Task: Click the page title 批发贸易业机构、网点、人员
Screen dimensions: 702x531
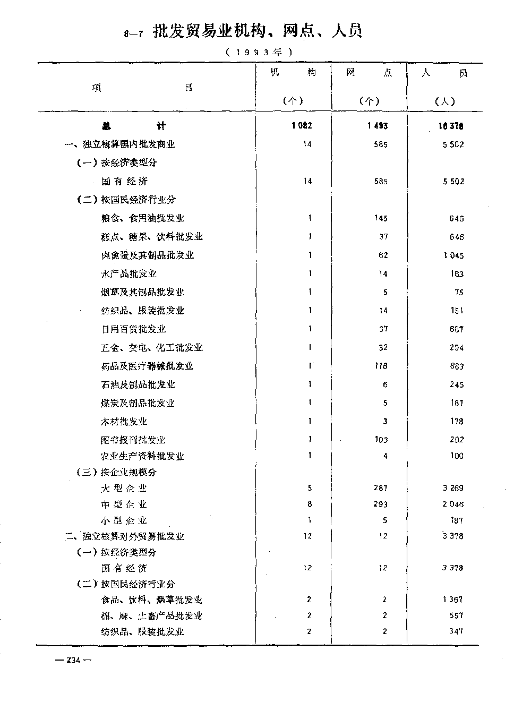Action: (x=257, y=32)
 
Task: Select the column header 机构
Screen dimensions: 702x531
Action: (x=293, y=73)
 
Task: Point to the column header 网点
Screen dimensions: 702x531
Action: (x=369, y=73)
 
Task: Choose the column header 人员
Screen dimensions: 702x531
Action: (x=444, y=73)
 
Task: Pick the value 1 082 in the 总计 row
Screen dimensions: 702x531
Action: (x=302, y=126)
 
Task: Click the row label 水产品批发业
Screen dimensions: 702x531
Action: (x=129, y=274)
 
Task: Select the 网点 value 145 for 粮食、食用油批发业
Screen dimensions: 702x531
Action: (x=380, y=218)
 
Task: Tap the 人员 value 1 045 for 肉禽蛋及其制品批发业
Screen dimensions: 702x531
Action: (x=453, y=255)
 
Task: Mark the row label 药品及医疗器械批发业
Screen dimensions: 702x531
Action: (x=147, y=366)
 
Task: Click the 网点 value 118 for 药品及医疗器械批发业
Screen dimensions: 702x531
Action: (x=380, y=366)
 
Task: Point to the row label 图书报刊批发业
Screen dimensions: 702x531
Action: (x=133, y=440)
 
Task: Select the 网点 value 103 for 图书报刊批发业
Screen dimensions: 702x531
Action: (x=380, y=440)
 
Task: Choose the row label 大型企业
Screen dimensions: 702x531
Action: (x=124, y=489)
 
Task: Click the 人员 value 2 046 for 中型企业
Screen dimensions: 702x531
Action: (x=453, y=504)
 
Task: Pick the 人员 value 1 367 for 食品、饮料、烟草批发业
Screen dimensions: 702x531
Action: (x=453, y=600)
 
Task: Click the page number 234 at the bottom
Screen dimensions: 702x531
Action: (x=73, y=660)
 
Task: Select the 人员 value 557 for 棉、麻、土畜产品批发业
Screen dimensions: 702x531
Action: (x=456, y=615)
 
